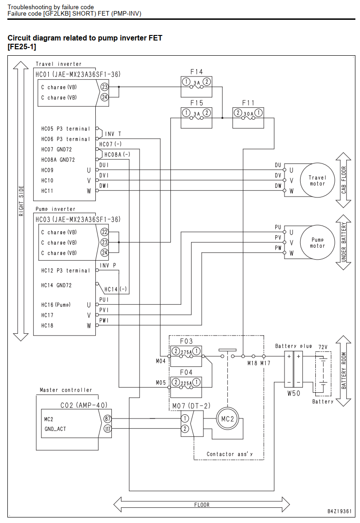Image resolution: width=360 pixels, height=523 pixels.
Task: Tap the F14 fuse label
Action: (197, 72)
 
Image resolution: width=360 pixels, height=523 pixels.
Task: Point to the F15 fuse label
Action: (197, 103)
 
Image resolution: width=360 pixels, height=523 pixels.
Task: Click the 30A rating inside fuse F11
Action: (248, 114)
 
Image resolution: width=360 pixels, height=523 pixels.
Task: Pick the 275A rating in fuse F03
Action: (186, 352)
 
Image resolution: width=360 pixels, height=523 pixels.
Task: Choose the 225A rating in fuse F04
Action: (186, 383)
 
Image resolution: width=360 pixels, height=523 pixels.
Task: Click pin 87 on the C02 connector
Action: (107, 419)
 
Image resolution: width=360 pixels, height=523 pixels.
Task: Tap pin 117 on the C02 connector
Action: (107, 429)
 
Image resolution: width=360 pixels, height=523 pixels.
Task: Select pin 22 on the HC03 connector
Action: (105, 232)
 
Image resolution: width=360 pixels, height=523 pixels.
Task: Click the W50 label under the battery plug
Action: (294, 393)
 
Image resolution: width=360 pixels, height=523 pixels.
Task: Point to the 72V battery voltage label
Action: (323, 347)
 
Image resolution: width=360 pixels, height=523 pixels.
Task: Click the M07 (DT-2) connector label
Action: (191, 406)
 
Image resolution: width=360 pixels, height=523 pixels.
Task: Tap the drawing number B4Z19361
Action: (339, 511)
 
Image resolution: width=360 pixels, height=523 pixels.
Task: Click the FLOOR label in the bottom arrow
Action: (202, 505)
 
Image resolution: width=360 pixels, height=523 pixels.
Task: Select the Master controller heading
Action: (66, 390)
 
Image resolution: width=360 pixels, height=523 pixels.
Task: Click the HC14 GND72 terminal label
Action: (56, 285)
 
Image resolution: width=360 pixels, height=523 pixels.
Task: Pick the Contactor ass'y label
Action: (230, 454)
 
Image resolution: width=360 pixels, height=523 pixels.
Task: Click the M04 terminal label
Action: (161, 361)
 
